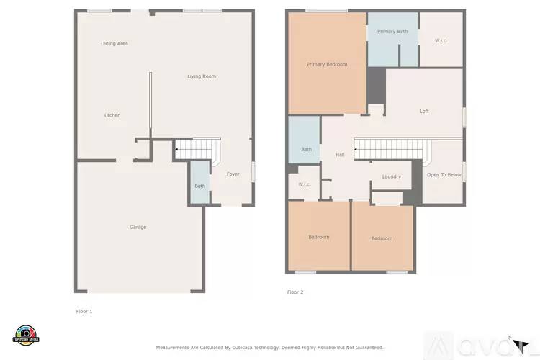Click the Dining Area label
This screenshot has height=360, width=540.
coord(114,44)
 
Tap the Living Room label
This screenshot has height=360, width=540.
coord(202,76)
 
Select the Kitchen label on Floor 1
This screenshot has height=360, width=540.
coord(112,115)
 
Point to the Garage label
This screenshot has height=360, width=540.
coord(138,227)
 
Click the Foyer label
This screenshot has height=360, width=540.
coord(233,174)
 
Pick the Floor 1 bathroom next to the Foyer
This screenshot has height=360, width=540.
coord(199,186)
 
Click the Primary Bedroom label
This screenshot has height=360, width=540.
coord(327,65)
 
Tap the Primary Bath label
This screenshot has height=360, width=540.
coord(392,32)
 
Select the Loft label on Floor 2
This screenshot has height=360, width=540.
coord(425,112)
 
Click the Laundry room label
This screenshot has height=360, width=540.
coord(392,176)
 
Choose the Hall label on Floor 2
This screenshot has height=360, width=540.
coord(340,155)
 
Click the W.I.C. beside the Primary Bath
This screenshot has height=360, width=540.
coord(441,40)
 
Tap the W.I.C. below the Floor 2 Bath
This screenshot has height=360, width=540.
coord(305,184)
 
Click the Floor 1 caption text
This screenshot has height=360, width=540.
coord(84,312)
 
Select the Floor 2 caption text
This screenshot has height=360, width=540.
coord(295,292)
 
